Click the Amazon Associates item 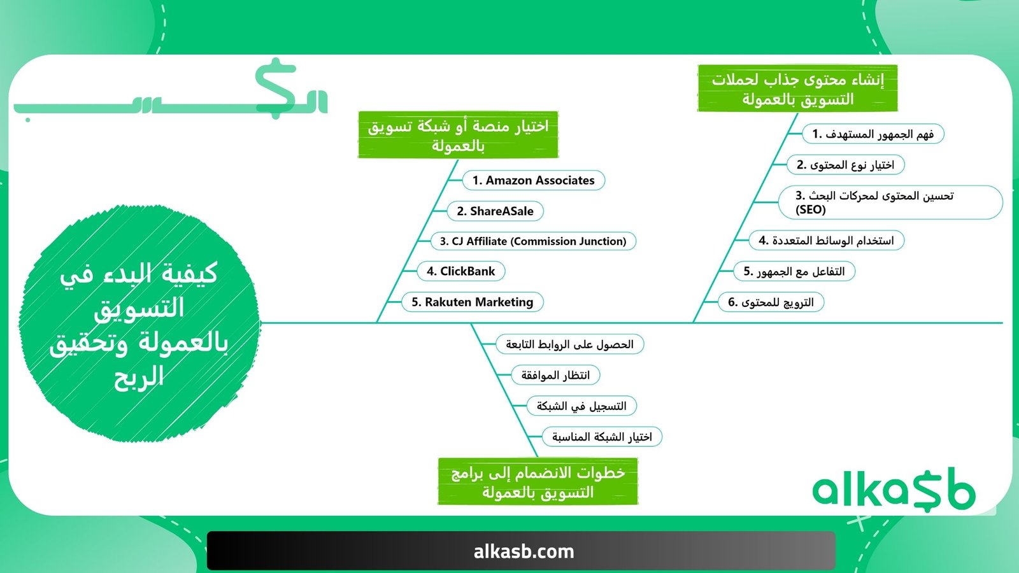(534, 180)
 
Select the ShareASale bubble (495, 211)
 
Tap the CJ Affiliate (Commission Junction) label (533, 241)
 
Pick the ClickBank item (461, 271)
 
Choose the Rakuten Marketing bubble (472, 302)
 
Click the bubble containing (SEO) (890, 202)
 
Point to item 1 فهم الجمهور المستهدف (873, 134)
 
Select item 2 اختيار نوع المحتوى (845, 165)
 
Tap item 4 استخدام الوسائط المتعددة (826, 240)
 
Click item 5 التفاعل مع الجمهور (794, 271)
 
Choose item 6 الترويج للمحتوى (771, 302)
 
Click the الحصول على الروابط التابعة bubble (569, 344)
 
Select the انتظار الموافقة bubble (555, 375)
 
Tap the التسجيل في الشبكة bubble (581, 406)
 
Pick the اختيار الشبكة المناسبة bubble (602, 437)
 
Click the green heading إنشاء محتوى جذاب (797, 88)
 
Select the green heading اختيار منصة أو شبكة (458, 134)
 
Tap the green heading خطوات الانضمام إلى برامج (538, 481)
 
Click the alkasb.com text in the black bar (524, 551)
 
